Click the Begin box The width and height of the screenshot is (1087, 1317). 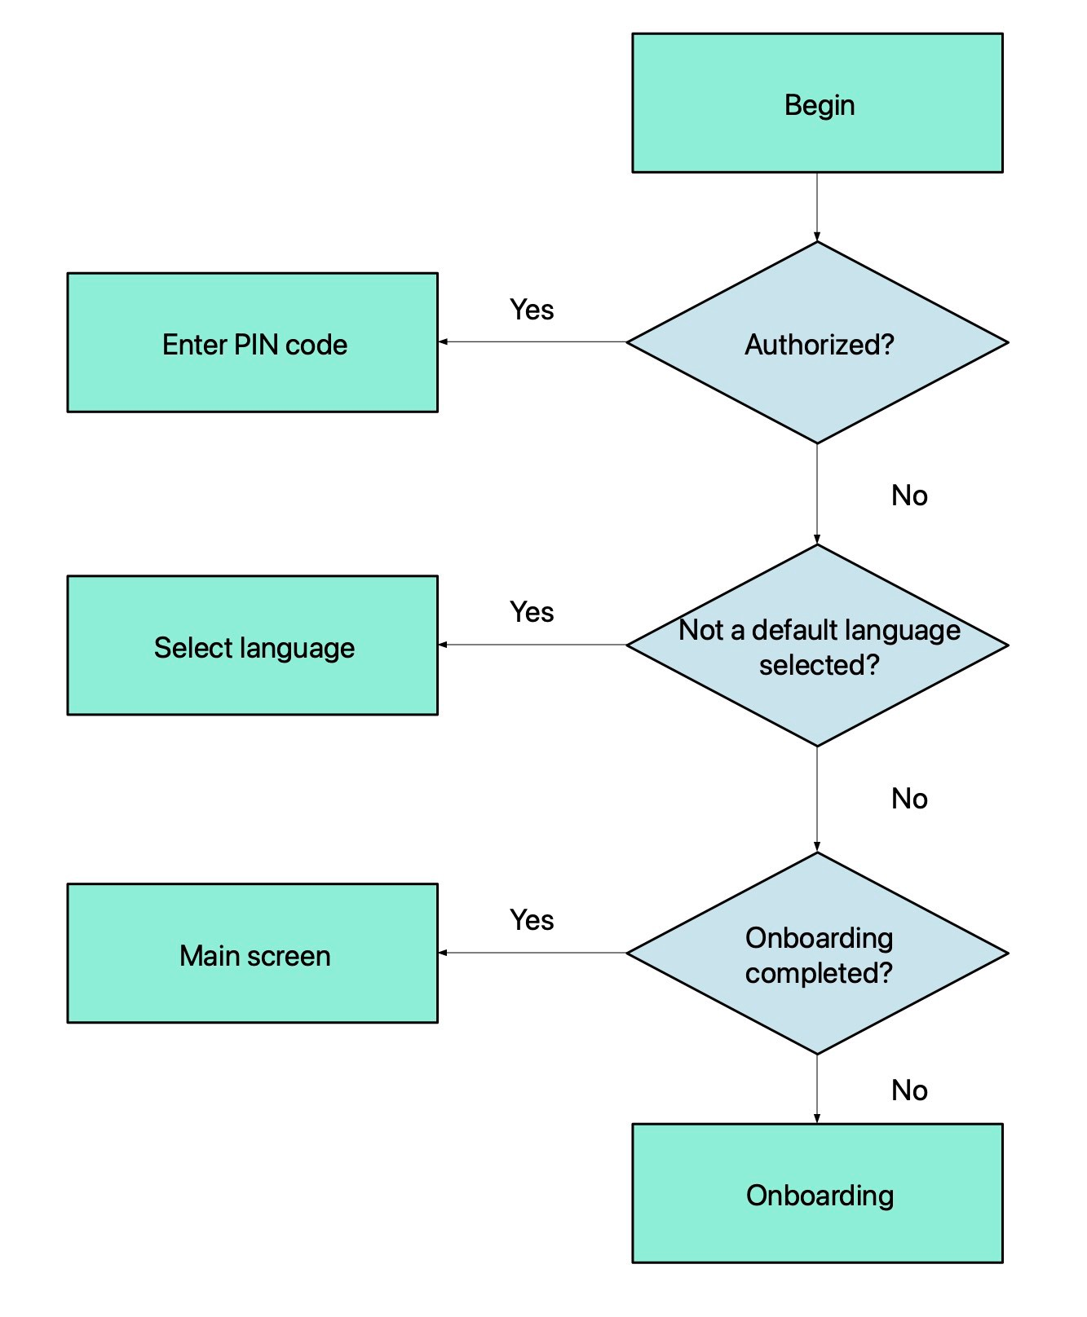pos(817,104)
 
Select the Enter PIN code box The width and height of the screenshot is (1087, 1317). pos(253,343)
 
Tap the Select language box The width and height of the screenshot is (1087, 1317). pos(253,646)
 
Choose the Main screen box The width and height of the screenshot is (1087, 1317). pos(253,954)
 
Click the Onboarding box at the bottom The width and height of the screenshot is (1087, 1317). pos(817,1194)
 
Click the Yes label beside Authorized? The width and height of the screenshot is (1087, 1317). pos(532,310)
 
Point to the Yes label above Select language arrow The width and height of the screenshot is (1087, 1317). pos(532,612)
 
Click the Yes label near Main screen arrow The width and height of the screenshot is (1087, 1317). pos(532,920)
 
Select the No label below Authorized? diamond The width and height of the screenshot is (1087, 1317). pos(909,496)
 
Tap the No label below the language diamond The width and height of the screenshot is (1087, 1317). pos(909,799)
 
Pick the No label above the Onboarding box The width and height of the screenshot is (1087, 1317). pos(909,1090)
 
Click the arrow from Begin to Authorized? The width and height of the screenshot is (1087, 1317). pos(817,207)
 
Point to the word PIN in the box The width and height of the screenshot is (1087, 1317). pos(256,345)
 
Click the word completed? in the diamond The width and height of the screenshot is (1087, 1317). pos(819,973)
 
